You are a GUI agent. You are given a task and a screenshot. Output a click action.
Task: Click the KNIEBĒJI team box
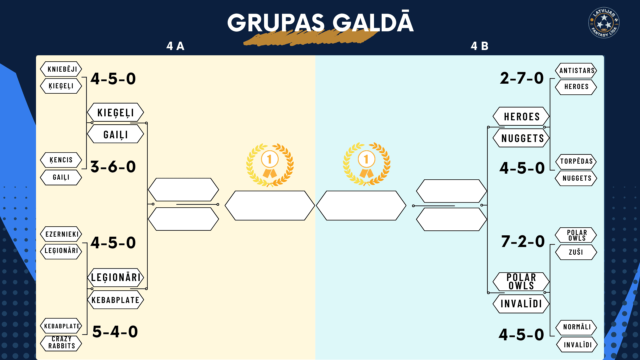tap(61, 69)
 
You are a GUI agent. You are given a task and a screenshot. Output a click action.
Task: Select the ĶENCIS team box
tap(61, 160)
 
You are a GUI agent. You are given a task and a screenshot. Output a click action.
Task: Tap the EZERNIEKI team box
tap(61, 234)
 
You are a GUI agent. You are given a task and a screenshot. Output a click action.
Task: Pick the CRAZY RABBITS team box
tap(61, 343)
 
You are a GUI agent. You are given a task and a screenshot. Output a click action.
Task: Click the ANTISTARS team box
tap(576, 71)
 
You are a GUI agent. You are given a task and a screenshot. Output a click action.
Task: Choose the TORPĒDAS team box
tap(576, 162)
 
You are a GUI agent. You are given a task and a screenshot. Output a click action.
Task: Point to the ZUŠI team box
tap(576, 252)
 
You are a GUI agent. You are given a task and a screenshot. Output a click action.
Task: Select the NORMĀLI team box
tap(576, 327)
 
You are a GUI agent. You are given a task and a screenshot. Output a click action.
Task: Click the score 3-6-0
tap(113, 167)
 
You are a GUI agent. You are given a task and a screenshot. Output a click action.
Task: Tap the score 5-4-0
tap(115, 332)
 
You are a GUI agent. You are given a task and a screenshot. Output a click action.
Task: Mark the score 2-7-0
tap(522, 78)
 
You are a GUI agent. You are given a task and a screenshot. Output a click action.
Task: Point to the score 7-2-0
tap(523, 241)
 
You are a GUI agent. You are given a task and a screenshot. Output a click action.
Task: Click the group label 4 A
tap(175, 46)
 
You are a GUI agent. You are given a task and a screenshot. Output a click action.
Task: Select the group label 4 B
tap(479, 46)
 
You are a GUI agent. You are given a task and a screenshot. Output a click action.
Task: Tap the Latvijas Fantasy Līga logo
tap(604, 23)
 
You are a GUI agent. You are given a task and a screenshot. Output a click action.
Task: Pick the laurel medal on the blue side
tap(366, 164)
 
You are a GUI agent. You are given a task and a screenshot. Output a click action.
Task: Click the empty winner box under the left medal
tap(270, 206)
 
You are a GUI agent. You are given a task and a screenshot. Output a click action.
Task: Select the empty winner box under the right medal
tap(361, 206)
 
